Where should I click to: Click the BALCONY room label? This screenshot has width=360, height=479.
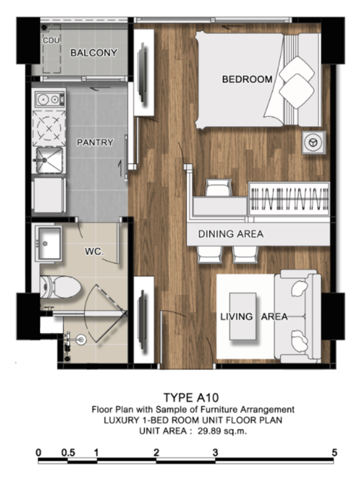(94, 53)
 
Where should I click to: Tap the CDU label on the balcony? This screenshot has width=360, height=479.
(51, 40)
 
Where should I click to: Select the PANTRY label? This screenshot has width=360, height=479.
(95, 142)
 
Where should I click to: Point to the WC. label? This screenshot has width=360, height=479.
(94, 252)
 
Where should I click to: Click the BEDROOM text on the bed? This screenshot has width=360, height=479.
(247, 79)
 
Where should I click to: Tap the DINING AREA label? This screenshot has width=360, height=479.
(230, 234)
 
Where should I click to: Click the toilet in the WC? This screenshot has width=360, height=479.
(61, 288)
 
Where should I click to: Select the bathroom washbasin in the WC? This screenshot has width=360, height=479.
(49, 244)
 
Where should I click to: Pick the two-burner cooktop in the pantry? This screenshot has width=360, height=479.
(50, 99)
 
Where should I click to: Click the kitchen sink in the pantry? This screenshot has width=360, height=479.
(49, 160)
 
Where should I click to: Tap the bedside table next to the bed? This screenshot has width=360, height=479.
(314, 142)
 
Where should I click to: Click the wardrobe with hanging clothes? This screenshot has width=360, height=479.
(289, 199)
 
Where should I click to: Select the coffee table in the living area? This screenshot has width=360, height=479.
(243, 316)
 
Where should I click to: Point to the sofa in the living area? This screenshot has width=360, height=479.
(298, 316)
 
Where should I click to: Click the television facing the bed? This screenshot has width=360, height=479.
(143, 73)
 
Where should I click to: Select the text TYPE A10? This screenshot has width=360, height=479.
(191, 398)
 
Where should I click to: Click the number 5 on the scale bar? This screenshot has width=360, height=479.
(334, 453)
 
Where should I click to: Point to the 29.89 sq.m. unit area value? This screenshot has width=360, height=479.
(222, 432)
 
